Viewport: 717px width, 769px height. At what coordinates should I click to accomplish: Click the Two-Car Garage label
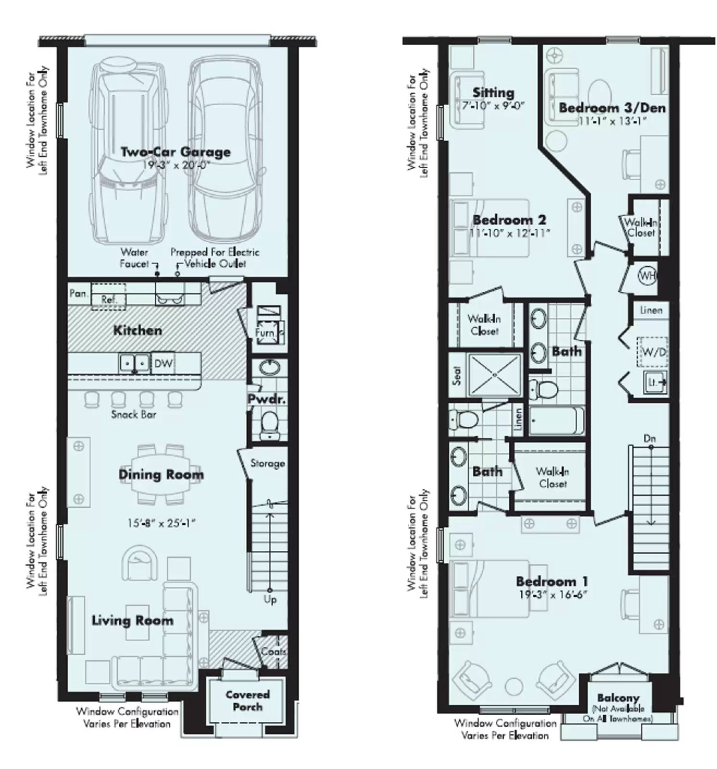coord(175,152)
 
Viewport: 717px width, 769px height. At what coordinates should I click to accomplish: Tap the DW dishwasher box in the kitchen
coord(163,363)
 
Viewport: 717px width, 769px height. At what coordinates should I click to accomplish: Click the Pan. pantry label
coord(78,293)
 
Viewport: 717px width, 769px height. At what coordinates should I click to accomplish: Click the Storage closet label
coord(267,463)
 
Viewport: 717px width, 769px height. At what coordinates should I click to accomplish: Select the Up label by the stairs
coord(270,600)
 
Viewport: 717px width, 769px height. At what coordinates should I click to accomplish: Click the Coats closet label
coord(274,652)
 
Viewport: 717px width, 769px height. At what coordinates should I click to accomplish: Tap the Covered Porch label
coord(248,700)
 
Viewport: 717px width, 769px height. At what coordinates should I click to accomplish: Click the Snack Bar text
coord(134,414)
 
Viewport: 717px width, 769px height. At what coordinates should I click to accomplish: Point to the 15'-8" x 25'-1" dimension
coord(162,523)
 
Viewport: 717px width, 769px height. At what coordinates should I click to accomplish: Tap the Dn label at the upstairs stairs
coord(649,438)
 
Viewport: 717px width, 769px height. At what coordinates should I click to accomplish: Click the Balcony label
coord(618,697)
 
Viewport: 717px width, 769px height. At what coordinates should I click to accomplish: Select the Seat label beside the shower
coord(457,376)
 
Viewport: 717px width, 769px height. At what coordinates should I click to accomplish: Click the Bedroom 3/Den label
coord(612,108)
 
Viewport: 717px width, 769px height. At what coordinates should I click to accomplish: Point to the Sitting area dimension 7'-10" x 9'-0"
coord(493,105)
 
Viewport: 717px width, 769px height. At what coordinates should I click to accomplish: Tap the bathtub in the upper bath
coord(556,421)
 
